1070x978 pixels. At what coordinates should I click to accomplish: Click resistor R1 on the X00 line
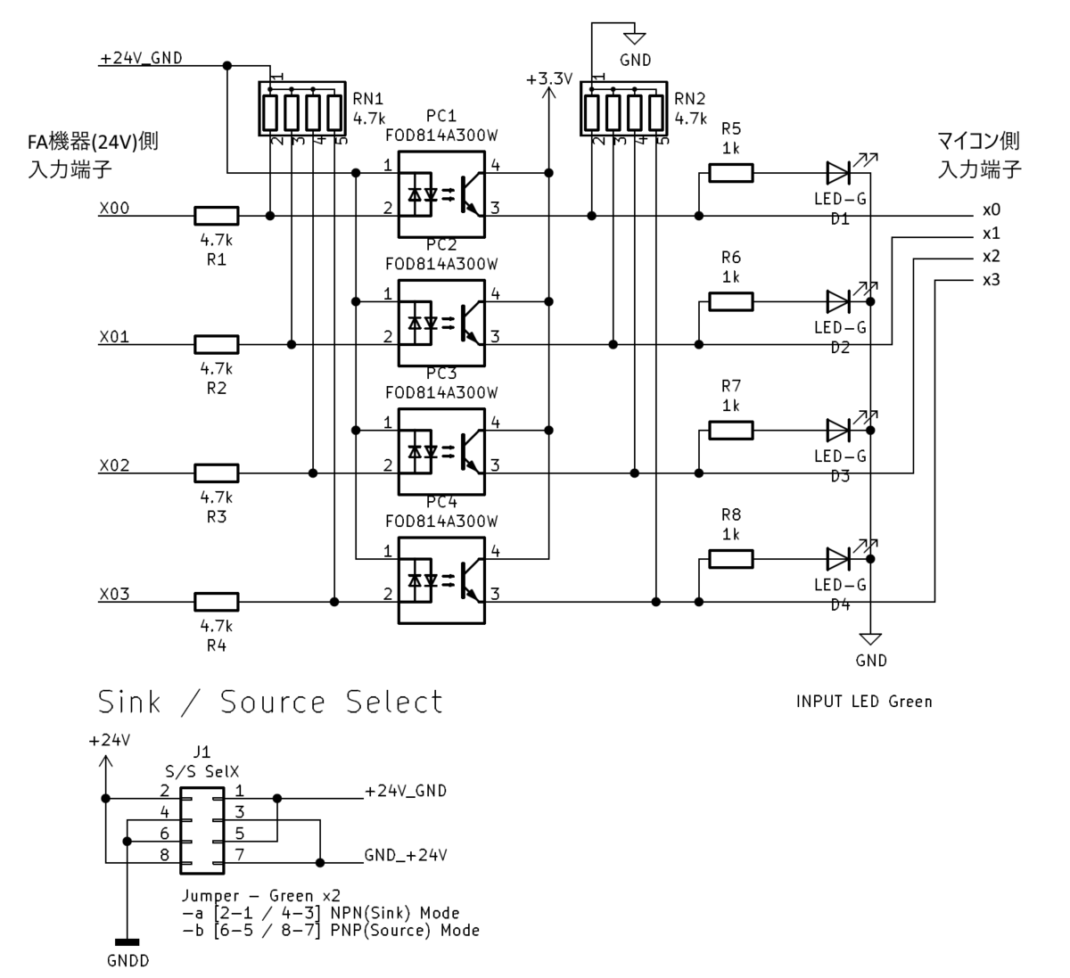pyautogui.click(x=216, y=216)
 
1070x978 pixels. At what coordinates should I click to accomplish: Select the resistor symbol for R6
pyautogui.click(x=731, y=301)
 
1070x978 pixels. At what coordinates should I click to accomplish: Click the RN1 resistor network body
pyautogui.click(x=302, y=109)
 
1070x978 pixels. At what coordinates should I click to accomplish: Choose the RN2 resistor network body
pyautogui.click(x=623, y=109)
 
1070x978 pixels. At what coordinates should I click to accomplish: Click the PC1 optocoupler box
pyautogui.click(x=441, y=194)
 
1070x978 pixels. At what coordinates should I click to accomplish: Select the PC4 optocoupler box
pyautogui.click(x=441, y=580)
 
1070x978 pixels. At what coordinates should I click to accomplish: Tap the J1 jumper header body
pyautogui.click(x=202, y=831)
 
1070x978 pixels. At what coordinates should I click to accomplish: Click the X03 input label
pyautogui.click(x=114, y=594)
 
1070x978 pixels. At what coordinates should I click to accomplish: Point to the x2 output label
pyautogui.click(x=991, y=257)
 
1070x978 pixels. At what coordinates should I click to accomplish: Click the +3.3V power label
pyautogui.click(x=549, y=79)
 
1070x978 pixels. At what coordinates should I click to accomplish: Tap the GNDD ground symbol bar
pyautogui.click(x=127, y=942)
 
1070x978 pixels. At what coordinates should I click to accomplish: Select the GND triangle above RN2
pyautogui.click(x=635, y=38)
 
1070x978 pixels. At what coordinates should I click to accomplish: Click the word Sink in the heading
pyautogui.click(x=129, y=702)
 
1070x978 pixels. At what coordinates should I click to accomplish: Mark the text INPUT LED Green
pyautogui.click(x=864, y=702)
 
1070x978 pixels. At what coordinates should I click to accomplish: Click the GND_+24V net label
pyautogui.click(x=406, y=855)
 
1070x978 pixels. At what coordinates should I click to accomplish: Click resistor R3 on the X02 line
pyautogui.click(x=216, y=473)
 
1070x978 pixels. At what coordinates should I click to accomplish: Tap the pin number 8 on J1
pyautogui.click(x=165, y=855)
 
